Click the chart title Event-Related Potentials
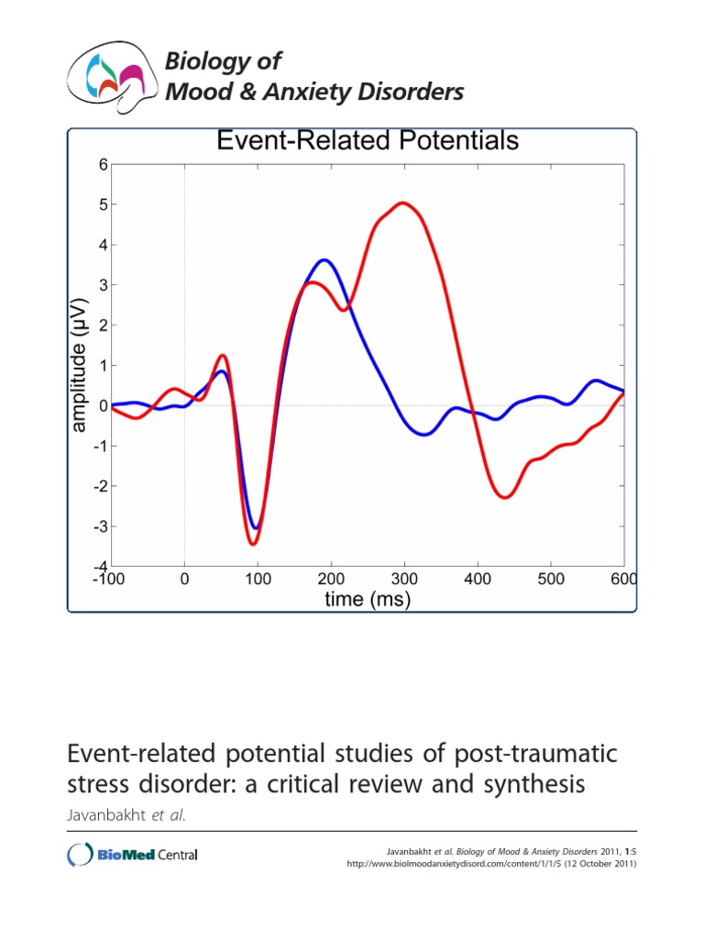click(367, 140)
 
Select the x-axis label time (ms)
click(368, 600)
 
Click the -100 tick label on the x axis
click(112, 579)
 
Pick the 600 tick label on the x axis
click(622, 579)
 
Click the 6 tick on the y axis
click(104, 165)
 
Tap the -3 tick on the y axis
click(101, 526)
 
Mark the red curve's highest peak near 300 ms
click(402, 203)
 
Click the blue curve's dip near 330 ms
click(423, 435)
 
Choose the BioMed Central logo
click(133, 855)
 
